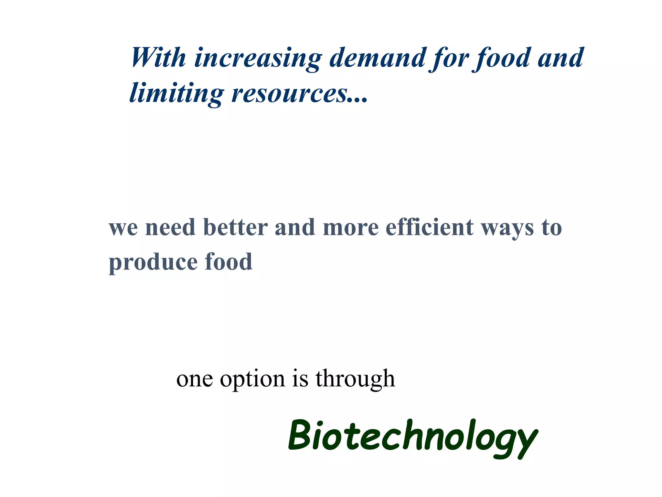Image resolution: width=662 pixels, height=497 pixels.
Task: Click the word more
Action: [x=350, y=228]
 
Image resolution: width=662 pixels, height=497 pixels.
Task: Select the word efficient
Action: [x=430, y=227]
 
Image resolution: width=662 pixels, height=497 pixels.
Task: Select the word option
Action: [x=252, y=379]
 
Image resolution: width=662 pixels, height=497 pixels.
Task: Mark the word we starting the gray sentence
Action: [x=123, y=228]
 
